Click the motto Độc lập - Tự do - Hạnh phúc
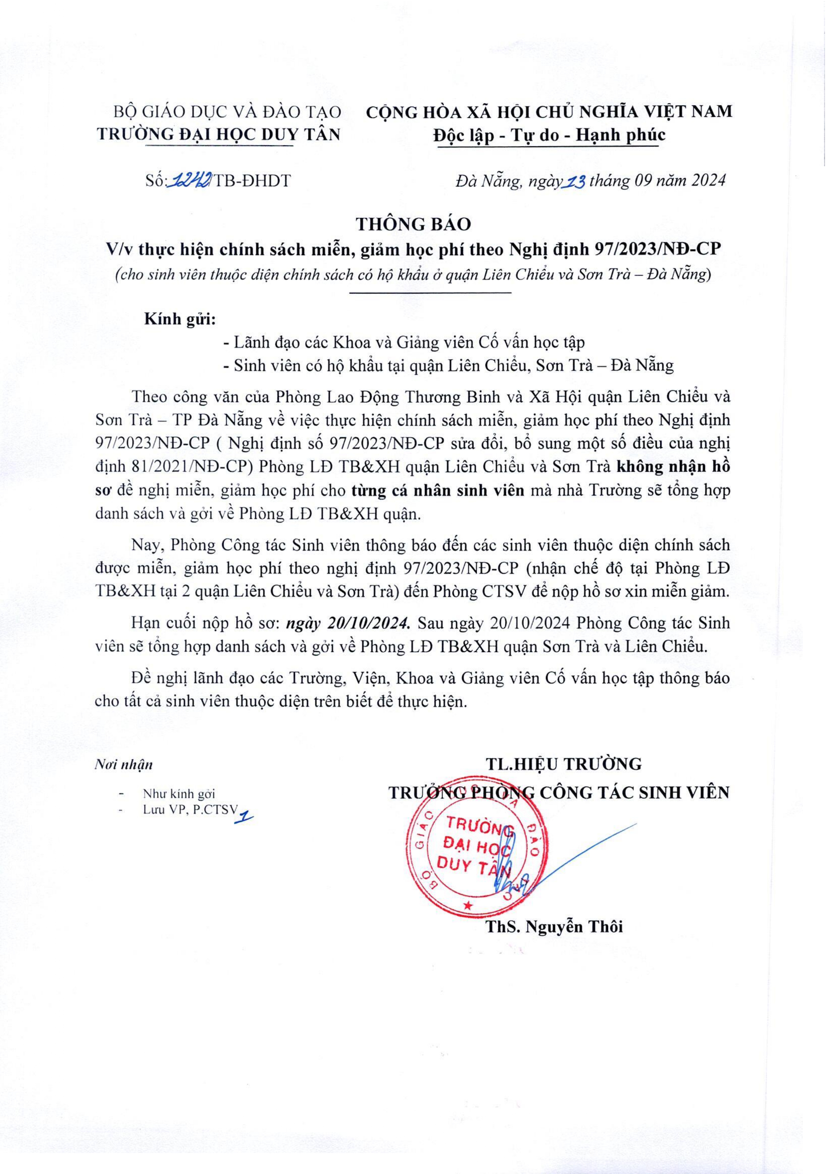549,135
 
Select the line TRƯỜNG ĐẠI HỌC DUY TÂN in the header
219,134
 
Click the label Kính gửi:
180,319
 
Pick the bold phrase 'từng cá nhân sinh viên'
438,490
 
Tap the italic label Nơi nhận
124,765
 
